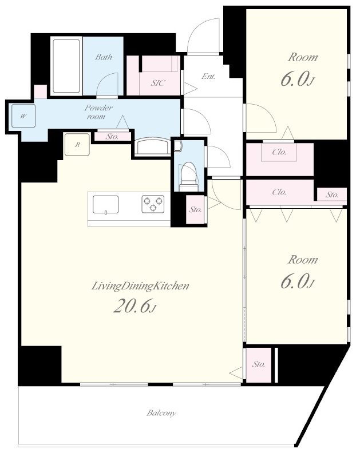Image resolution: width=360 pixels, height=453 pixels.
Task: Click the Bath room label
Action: pos(104,57)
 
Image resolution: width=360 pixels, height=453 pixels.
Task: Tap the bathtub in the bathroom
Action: pos(66,66)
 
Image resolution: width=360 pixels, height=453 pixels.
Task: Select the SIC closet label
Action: pos(157,83)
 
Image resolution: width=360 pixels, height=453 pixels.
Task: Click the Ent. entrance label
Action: pos(208,76)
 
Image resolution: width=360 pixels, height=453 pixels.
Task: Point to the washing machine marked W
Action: pos(23,116)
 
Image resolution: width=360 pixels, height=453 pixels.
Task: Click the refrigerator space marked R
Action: pos(77,145)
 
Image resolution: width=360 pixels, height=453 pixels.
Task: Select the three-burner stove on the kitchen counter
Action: pos(153,204)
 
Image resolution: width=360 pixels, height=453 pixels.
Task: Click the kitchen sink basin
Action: pos(105,205)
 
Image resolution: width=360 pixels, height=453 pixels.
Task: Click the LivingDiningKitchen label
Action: pos(140,286)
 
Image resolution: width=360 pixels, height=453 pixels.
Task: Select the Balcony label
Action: pos(161,413)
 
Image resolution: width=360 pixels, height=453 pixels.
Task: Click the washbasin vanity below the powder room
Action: pos(153,146)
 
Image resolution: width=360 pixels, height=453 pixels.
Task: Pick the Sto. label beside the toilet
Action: pos(195,209)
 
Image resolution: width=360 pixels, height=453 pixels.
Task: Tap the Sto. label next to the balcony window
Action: pos(258,364)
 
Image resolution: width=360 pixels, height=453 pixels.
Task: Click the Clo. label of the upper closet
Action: pos(279,152)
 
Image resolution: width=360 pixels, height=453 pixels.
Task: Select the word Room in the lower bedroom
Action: pos(302,260)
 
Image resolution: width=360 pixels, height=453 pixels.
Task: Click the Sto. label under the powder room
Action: pos(112,136)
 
